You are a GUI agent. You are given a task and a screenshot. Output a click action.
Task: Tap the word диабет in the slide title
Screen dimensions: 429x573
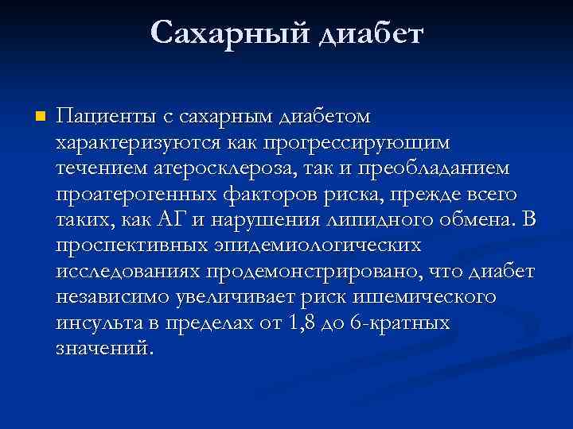(x=371, y=33)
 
